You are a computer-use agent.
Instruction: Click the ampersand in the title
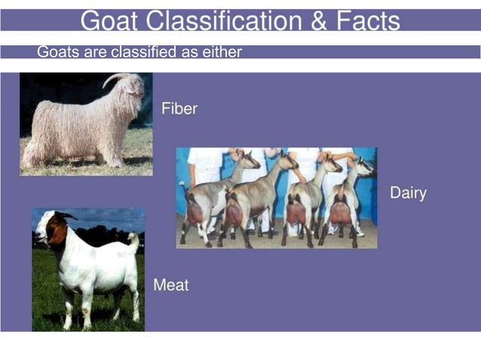316,20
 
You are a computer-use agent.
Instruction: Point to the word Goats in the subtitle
56,52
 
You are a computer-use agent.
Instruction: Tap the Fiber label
179,108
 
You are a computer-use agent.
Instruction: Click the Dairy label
408,193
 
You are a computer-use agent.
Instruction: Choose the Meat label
171,285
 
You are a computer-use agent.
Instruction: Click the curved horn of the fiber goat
113,78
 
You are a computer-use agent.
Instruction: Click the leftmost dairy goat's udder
195,213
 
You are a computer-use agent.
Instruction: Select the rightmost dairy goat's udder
340,212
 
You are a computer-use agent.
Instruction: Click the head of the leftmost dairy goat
249,160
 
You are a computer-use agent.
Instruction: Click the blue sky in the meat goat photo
106,219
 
